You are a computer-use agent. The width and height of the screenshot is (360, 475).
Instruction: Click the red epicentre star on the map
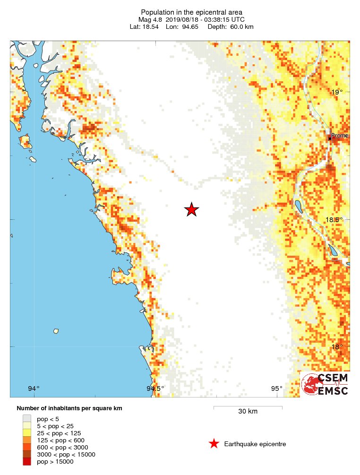(191, 210)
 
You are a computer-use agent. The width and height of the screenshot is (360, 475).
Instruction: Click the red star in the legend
(214, 443)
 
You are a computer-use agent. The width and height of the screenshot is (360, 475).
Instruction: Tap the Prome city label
(340, 136)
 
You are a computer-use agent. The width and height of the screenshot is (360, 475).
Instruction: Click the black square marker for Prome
(330, 138)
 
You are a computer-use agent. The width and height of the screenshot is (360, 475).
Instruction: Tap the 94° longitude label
(34, 389)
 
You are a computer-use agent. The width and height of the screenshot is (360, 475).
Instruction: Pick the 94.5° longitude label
(155, 389)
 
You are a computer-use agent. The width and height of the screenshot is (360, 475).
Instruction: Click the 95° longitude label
(276, 389)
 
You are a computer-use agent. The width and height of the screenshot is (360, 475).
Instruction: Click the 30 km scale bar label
(248, 411)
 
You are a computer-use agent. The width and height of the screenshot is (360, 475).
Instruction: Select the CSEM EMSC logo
(326, 384)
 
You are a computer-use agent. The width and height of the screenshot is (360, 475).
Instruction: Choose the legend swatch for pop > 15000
(27, 461)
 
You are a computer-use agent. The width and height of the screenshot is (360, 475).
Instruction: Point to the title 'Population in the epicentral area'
(191, 12)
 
